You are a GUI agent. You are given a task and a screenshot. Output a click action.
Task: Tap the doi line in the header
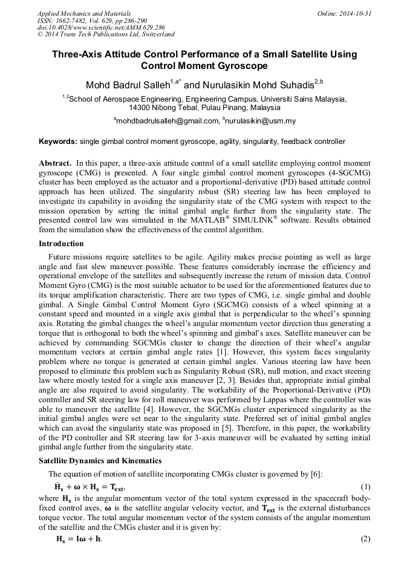tap(84, 27)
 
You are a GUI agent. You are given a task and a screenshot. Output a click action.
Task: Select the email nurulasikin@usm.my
tap(261, 121)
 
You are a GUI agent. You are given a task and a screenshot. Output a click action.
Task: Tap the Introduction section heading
tap(61, 244)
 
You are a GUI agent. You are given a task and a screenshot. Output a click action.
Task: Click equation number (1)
tap(365, 487)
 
